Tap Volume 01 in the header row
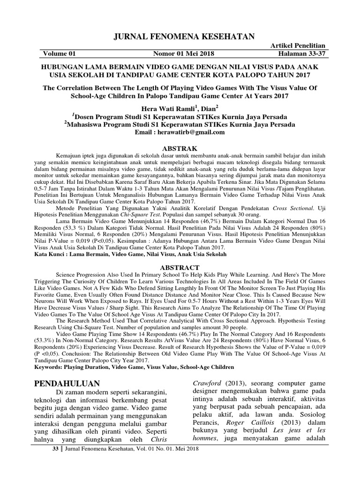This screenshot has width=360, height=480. [x=61, y=54]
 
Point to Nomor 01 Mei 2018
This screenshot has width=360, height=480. [x=180, y=54]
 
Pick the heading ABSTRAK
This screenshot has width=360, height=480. [x=180, y=147]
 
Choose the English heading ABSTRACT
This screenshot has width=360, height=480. [x=180, y=266]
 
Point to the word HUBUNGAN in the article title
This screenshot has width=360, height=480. [x=66, y=67]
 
